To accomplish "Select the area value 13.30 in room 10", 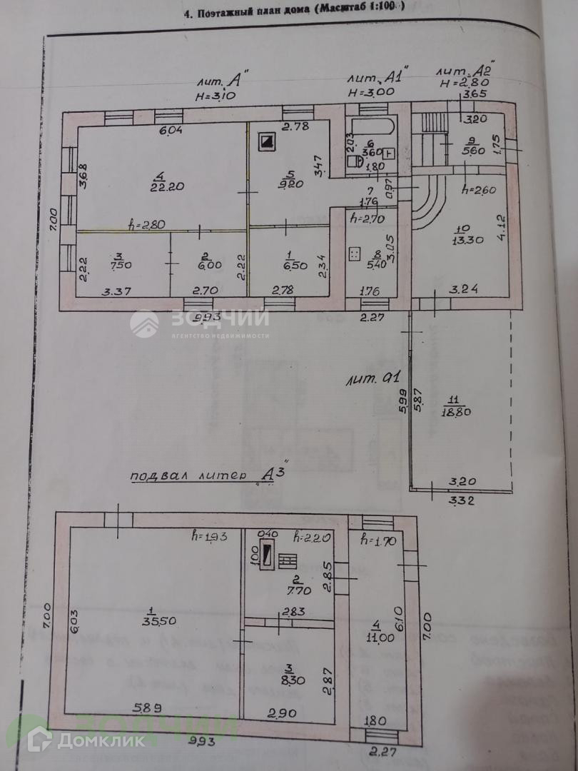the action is pos(467,240).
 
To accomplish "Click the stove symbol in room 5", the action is pos(266,141).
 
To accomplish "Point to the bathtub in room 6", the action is pos(371,128).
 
